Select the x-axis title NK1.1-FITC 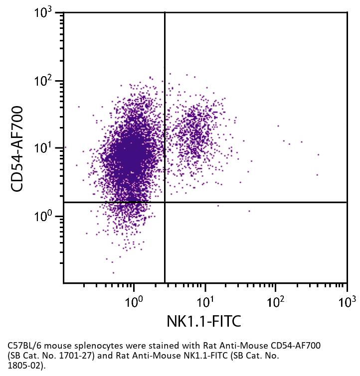point(204,321)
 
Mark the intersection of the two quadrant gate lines point(165,202)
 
